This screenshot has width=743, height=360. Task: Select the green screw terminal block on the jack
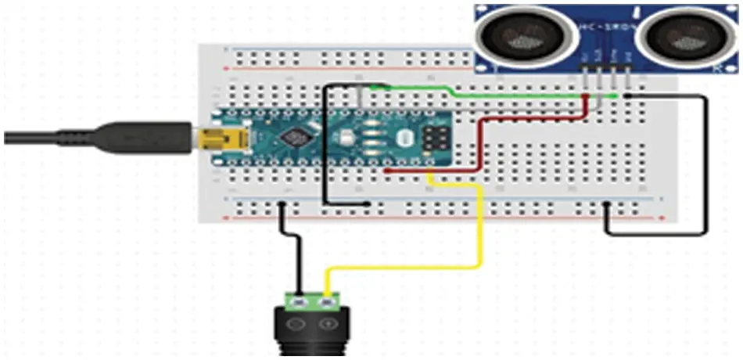[313, 300]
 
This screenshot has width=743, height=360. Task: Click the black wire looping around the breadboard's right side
[707, 164]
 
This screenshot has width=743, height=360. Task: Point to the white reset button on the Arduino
[404, 139]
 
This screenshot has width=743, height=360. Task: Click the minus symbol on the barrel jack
[296, 323]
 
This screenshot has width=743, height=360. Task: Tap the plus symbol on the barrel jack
[329, 323]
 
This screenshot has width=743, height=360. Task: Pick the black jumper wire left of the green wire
[325, 141]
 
